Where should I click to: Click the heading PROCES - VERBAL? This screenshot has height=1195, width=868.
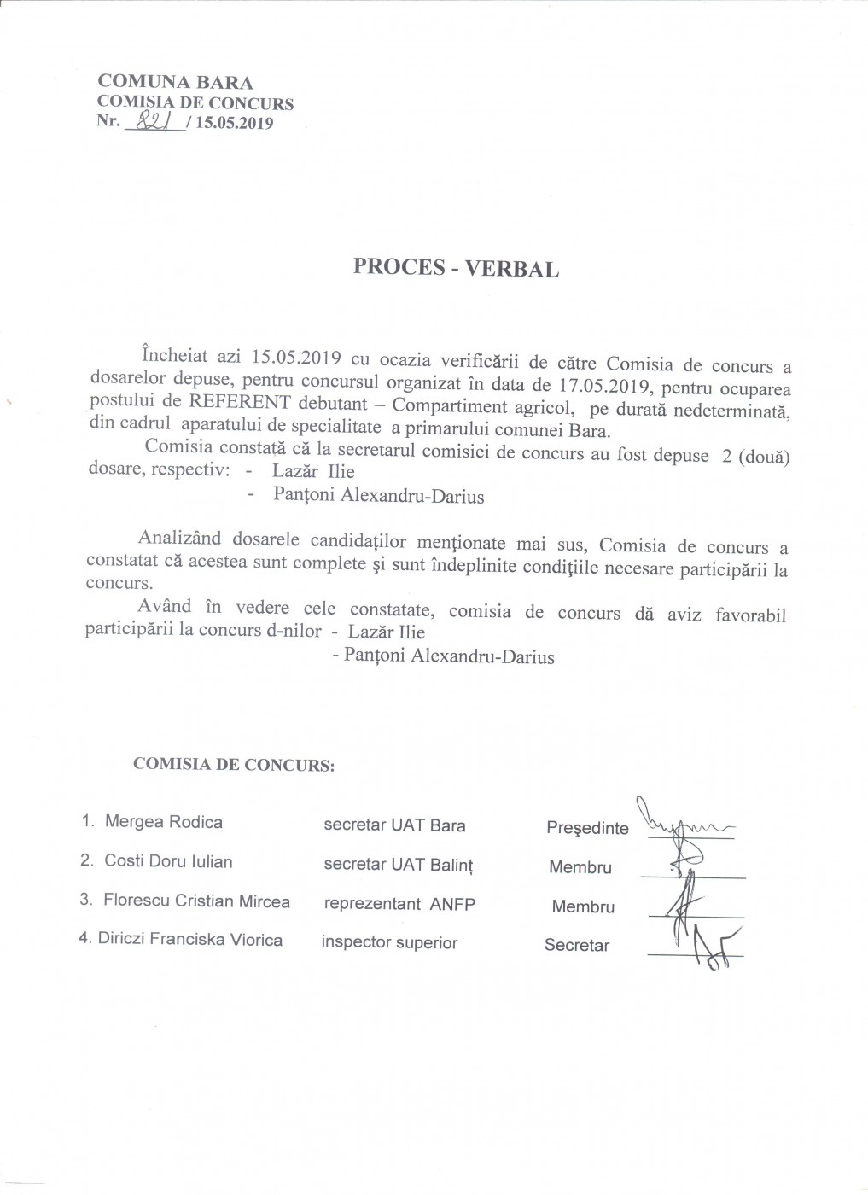(456, 268)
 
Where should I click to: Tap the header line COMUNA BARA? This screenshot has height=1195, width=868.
(176, 83)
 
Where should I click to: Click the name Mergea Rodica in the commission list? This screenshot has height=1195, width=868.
(163, 822)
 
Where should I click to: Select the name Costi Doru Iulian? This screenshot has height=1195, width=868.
(168, 861)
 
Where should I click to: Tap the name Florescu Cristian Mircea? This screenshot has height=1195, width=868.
(196, 901)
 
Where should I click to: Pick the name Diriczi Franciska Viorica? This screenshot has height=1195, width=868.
(190, 940)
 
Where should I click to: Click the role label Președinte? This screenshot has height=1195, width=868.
(587, 828)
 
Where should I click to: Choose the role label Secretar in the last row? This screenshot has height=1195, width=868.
(577, 946)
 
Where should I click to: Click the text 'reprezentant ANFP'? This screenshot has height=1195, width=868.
(399, 904)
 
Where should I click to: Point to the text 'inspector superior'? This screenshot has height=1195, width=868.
(389, 943)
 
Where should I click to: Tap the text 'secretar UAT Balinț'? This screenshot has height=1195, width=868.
(398, 865)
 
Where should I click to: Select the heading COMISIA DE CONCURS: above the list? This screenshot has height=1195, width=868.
(234, 764)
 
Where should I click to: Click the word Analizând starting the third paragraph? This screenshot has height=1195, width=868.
(179, 539)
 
